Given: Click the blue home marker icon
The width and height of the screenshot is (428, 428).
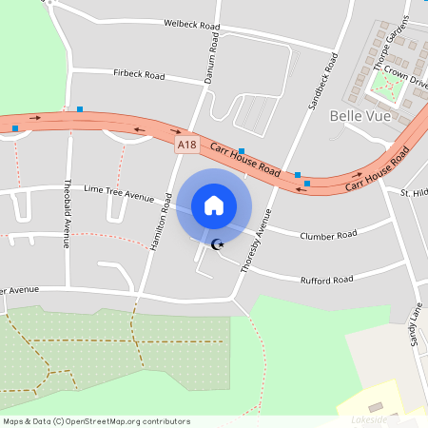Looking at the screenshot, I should (x=214, y=205).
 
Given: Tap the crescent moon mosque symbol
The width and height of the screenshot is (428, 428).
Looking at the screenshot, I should (x=217, y=244).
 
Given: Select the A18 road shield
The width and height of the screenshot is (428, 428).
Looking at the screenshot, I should (x=187, y=145).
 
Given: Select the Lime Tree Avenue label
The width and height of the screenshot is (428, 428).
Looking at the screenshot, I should (x=119, y=193).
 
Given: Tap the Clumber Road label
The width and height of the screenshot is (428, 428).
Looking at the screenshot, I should (x=328, y=235).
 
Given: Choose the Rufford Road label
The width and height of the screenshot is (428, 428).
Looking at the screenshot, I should (x=326, y=280).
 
